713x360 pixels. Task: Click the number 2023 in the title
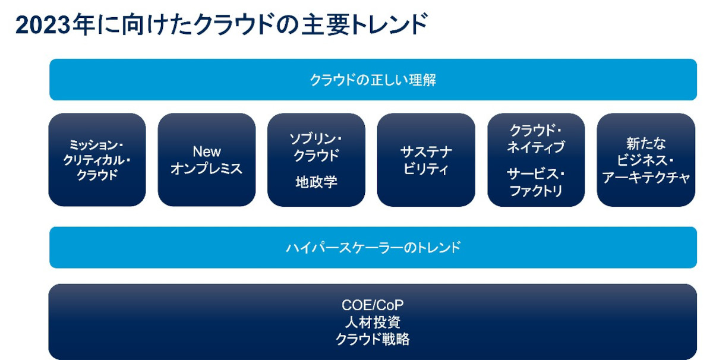pos(43,25)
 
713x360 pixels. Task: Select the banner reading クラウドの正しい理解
pos(373,80)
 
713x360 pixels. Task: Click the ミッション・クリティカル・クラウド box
pos(97,160)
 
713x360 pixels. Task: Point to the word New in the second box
pos(207,151)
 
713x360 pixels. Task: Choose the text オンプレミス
pos(207,168)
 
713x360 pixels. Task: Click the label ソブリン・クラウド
pos(316,147)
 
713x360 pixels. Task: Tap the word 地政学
pos(316,182)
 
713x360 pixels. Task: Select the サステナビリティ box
pos(426,160)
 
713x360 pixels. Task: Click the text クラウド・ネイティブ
pos(536,138)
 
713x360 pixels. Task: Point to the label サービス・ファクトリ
pos(536,182)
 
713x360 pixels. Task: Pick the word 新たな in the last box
pos(646,144)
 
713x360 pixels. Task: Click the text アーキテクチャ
pos(646,178)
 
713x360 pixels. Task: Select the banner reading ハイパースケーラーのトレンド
pos(373,247)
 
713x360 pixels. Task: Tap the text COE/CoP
pos(373,305)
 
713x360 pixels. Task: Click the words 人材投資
pos(373,322)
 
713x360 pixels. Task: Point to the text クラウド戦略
pos(373,339)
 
